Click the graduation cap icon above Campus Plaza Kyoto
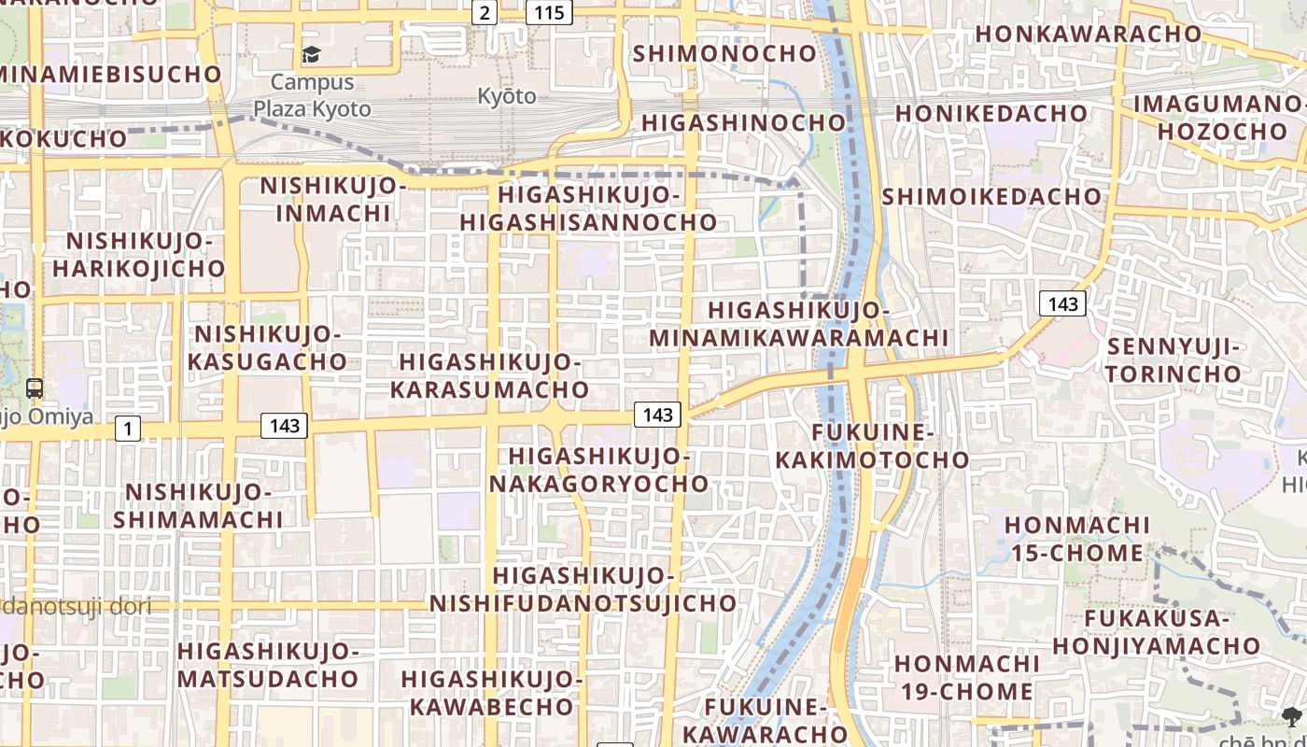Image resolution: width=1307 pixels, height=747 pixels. click(311, 55)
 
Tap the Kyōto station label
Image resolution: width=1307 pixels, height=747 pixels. click(507, 96)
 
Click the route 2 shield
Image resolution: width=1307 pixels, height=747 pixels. click(484, 12)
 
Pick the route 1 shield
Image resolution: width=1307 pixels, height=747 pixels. click(128, 429)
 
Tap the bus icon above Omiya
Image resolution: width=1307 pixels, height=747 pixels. click(35, 388)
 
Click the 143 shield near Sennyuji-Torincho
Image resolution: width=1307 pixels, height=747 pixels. click(1062, 303)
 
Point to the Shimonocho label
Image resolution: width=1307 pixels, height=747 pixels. click(724, 53)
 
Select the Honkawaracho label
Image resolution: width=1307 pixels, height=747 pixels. click(1089, 34)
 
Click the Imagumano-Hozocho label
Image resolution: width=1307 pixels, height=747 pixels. click(1219, 117)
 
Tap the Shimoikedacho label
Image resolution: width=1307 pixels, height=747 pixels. click(991, 196)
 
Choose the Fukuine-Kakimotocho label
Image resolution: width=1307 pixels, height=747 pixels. click(872, 445)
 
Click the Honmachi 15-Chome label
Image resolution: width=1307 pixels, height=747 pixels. click(1077, 539)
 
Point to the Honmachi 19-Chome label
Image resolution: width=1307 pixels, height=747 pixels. click(963, 677)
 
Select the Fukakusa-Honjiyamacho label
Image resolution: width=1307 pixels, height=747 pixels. click(1157, 631)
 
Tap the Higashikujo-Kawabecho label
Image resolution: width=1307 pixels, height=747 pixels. click(492, 692)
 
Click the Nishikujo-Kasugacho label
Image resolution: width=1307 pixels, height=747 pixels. click(268, 346)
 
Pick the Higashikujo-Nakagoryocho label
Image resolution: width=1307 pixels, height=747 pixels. click(598, 470)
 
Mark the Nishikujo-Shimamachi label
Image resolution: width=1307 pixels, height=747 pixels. click(199, 505)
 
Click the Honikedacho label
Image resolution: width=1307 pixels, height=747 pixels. click(991, 113)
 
